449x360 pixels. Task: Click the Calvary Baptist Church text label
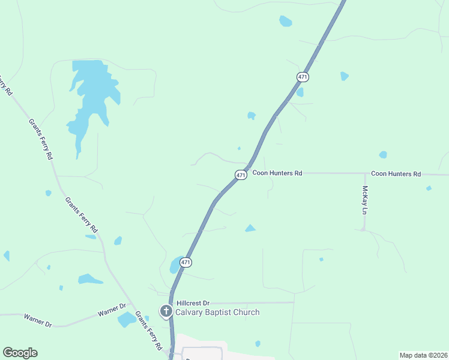(217, 312)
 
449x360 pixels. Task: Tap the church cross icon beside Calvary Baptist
(166, 311)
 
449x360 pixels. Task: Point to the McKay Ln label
(364, 200)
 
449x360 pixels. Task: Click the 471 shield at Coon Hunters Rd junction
(241, 175)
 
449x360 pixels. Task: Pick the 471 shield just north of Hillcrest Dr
(186, 262)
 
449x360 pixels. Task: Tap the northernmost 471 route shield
(303, 77)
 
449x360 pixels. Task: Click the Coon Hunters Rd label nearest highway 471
(277, 173)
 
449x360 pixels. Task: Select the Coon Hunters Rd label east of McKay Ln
(396, 173)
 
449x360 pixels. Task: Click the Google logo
(20, 353)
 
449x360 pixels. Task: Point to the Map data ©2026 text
(423, 355)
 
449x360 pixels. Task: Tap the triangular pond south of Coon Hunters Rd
(250, 228)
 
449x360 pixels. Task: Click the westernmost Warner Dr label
(38, 320)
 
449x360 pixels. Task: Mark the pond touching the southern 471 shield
(176, 265)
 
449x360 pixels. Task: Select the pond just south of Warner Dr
(127, 319)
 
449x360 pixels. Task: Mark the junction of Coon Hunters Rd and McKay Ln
(364, 173)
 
